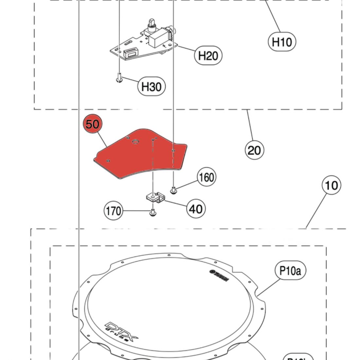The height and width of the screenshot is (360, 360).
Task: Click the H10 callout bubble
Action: [282, 42]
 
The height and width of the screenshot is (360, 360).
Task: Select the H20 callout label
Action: [208, 56]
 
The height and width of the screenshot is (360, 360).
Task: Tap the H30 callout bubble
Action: [151, 87]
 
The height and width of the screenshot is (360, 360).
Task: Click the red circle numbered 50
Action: [93, 124]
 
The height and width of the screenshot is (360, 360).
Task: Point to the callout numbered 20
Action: [254, 150]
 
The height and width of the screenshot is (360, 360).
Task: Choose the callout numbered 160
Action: [207, 177]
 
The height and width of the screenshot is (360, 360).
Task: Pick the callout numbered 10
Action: [332, 185]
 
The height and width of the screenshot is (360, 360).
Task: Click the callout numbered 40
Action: [196, 209]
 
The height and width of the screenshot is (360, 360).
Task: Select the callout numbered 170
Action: [113, 211]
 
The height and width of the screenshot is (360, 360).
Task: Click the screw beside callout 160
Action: [174, 189]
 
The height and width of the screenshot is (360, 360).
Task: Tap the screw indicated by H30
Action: [119, 79]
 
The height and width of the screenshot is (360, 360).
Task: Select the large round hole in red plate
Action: [135, 142]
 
